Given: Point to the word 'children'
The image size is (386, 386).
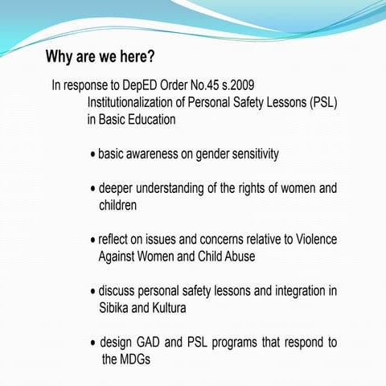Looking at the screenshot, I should point(118,205).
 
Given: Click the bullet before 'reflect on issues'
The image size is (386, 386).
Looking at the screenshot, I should point(93,240).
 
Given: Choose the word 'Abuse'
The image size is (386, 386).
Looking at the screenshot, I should point(238,257).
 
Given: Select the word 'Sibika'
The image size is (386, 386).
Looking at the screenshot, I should point(117,308).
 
